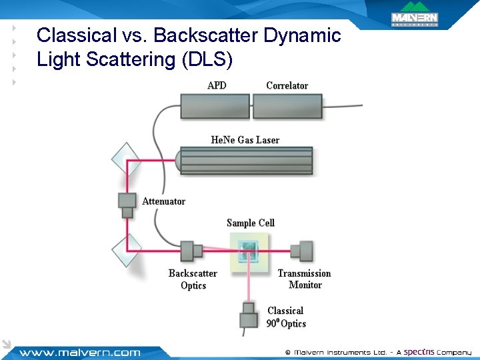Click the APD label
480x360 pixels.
pos(217,85)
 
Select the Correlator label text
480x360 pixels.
pos(287,85)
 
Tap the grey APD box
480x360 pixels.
pos(215,107)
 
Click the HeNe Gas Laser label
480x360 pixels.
pos(245,140)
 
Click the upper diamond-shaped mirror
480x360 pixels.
pos(126,161)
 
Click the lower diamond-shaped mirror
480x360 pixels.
pos(126,251)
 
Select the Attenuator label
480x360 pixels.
pos(163,201)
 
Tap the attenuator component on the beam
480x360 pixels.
pos(127,204)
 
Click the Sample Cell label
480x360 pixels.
pos(250,223)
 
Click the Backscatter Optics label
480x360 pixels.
pos(193,279)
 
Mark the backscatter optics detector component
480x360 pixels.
pos(191,251)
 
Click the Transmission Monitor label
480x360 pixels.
pos(304,279)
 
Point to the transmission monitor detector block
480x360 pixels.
pos(303,251)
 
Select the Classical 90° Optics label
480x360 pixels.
pos(286,317)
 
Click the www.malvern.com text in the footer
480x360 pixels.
pos(79,353)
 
